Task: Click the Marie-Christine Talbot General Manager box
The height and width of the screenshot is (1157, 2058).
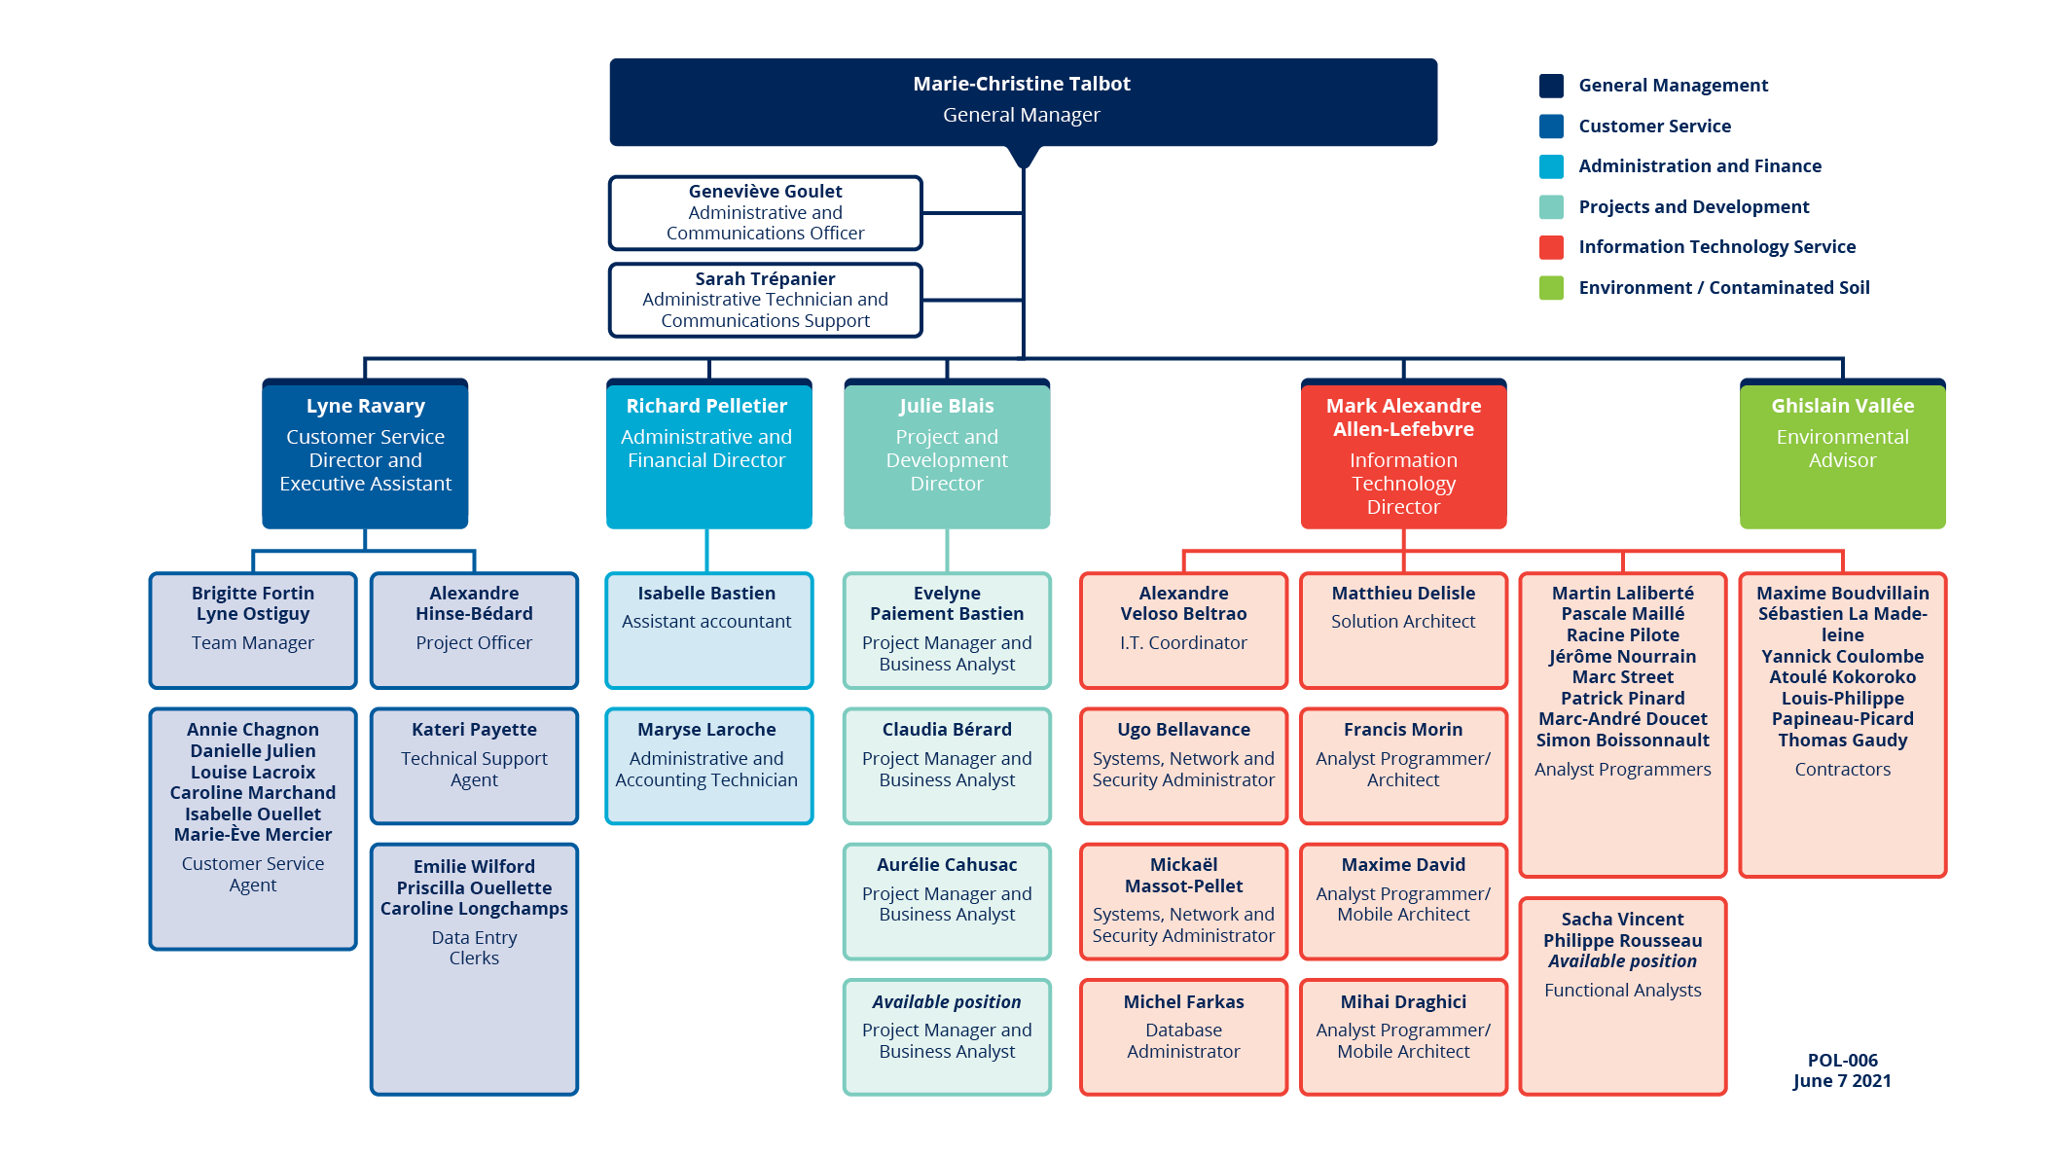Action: pos(1023,102)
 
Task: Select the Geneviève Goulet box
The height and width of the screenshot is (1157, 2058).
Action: pos(766,212)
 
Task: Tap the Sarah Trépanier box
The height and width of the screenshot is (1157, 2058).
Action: pos(766,300)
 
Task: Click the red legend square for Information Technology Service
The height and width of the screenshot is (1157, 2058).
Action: pos(1551,247)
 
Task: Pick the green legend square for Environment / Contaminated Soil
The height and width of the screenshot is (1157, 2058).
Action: pos(1551,288)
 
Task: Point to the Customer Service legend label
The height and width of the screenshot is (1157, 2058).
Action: pos(1654,126)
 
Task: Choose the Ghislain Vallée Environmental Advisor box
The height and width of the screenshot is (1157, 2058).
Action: pos(1842,453)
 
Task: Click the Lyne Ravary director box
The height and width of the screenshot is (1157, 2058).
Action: pos(365,453)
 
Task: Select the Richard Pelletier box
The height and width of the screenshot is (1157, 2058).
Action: pos(708,453)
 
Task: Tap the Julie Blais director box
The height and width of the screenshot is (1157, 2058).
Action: pos(947,453)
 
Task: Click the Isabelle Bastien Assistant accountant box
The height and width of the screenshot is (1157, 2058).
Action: pos(708,631)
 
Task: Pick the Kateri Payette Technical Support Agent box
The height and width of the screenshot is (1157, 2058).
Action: pos(474,766)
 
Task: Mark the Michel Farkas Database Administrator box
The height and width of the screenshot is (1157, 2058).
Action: pos(1183,1037)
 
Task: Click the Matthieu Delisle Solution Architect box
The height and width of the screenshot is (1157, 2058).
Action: pos(1403,631)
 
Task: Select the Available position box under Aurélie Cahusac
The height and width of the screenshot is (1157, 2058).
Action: pos(947,1037)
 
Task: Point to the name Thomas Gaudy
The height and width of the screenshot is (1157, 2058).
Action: pos(1842,741)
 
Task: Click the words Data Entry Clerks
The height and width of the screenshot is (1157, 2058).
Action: pos(474,948)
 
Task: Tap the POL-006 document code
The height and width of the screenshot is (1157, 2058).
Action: pos(1842,1060)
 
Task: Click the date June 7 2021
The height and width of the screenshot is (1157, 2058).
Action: pos(1842,1081)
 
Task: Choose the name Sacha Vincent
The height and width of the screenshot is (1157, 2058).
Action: pos(1622,919)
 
